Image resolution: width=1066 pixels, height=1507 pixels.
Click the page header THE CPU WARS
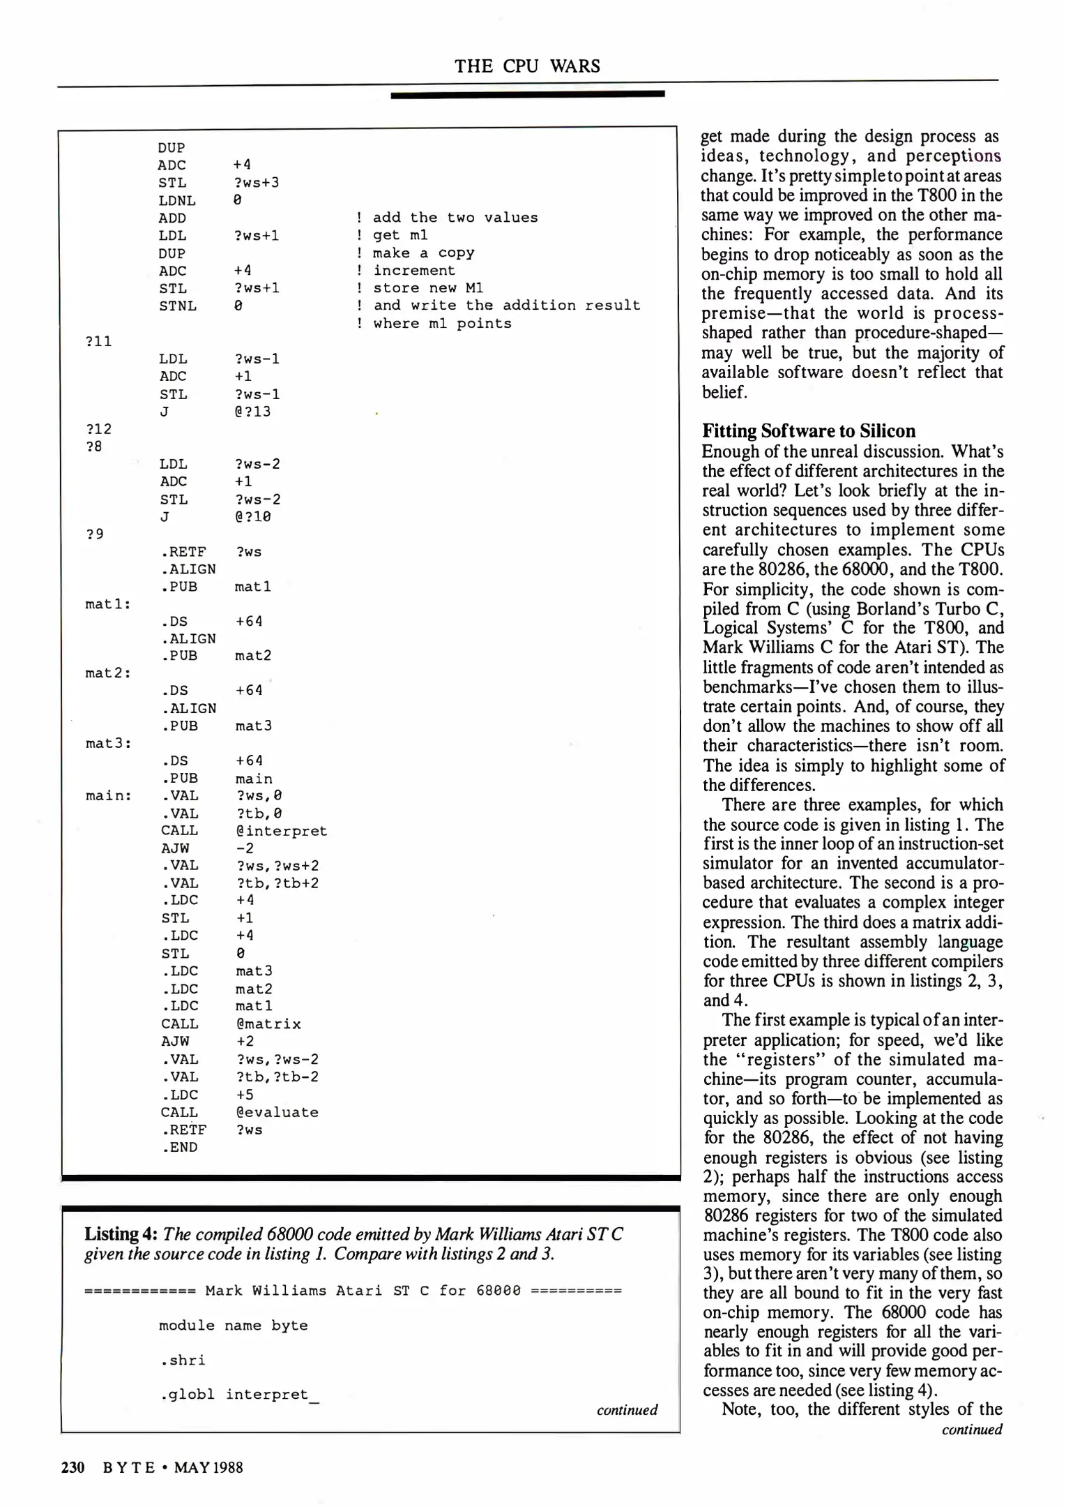click(x=527, y=66)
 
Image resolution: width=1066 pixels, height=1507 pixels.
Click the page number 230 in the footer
click(x=73, y=1467)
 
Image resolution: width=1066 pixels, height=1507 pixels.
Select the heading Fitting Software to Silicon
click(x=808, y=430)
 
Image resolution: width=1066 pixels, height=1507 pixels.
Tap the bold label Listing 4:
click(x=121, y=1234)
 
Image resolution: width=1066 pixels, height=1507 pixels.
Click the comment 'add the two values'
click(x=455, y=218)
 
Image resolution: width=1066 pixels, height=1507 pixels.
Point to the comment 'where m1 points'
click(x=441, y=324)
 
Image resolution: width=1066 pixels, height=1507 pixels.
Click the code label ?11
click(x=98, y=341)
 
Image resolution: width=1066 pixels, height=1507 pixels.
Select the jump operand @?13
click(x=252, y=412)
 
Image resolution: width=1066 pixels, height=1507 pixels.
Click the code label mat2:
click(x=108, y=673)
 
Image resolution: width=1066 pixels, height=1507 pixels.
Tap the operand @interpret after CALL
click(x=281, y=831)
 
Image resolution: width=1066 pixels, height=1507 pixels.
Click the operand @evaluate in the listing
click(x=277, y=1112)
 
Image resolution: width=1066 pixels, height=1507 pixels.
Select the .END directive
click(x=180, y=1148)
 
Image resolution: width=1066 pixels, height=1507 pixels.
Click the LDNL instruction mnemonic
click(x=177, y=200)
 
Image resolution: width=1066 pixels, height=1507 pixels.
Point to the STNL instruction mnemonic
click(x=177, y=306)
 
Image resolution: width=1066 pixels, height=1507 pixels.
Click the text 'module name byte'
click(x=233, y=1326)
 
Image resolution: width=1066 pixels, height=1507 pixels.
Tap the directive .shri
click(x=182, y=1360)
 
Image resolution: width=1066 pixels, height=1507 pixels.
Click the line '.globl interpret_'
click(x=238, y=1395)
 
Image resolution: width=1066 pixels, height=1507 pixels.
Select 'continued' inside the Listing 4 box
click(x=627, y=1410)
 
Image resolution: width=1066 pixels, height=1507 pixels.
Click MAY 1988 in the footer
click(x=208, y=1467)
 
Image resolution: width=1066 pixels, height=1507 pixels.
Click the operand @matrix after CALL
click(x=268, y=1024)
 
